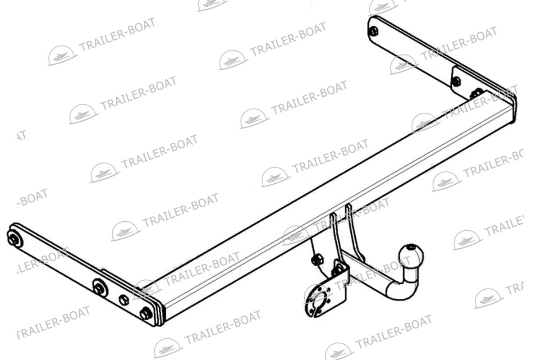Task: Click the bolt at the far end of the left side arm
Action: pos(14,239)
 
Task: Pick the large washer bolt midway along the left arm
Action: pos(99,287)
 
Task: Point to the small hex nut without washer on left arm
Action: pos(124,300)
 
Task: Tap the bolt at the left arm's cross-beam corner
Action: pos(145,313)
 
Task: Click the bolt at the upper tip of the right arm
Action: pos(374,32)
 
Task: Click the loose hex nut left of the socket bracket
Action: pos(317,260)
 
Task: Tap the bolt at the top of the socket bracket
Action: pos(337,271)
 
